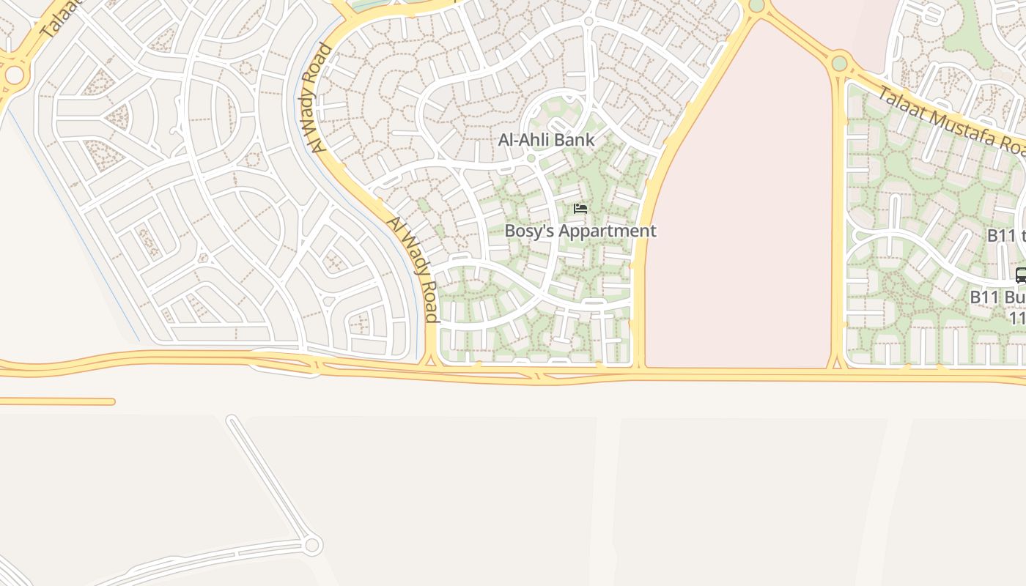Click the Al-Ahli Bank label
(546, 139)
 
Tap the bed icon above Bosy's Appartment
(580, 209)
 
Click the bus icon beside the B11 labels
(1021, 276)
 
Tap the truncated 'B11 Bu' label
(997, 298)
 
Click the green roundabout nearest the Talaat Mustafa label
(839, 64)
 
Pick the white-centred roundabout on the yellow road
(14, 75)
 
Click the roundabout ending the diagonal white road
(312, 545)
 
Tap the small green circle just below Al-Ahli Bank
(531, 157)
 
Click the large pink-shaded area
(740, 220)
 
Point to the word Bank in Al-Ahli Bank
(575, 139)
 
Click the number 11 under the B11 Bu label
(1017, 319)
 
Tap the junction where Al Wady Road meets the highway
(431, 361)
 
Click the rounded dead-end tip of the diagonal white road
(232, 420)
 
